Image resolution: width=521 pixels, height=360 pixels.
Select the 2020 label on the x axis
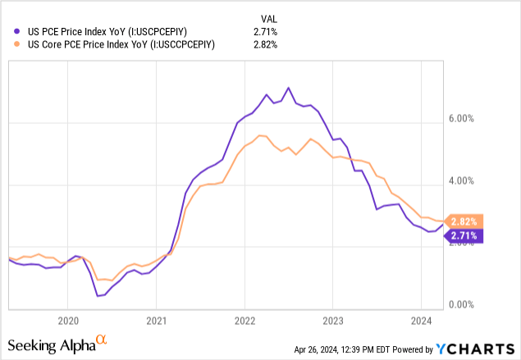click(68, 320)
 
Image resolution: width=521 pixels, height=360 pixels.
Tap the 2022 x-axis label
click(245, 320)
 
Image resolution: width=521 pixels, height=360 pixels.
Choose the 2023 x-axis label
click(333, 320)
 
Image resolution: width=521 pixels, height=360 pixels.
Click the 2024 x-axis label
click(421, 320)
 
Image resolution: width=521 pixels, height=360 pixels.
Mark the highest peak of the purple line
click(288, 88)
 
